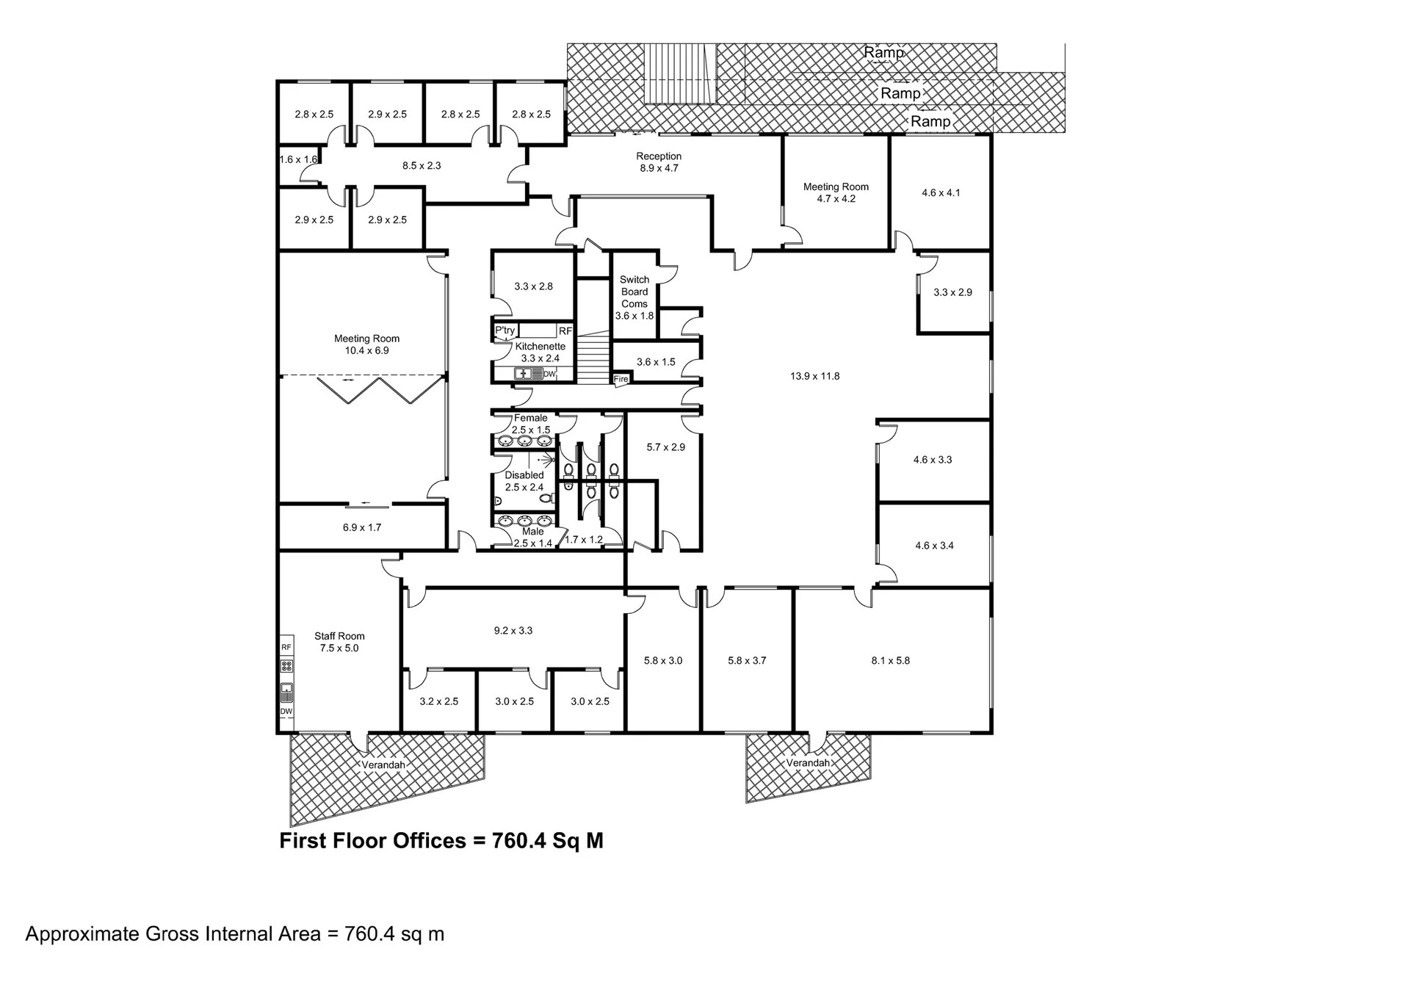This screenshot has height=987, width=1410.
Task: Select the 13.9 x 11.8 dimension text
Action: (814, 376)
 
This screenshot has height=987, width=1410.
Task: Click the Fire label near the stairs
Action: (621, 379)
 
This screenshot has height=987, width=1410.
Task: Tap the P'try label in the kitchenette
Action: (505, 330)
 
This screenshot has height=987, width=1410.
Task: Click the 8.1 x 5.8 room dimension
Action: (890, 660)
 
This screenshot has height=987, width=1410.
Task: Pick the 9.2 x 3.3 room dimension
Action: (513, 630)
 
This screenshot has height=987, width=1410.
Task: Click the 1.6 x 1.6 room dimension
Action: (298, 159)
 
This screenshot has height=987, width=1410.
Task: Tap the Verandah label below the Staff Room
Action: (383, 764)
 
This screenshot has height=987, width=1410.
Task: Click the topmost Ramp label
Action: (883, 53)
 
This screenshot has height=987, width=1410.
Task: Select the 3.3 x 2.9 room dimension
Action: (952, 292)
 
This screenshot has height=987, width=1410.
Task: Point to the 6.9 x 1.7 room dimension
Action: (362, 527)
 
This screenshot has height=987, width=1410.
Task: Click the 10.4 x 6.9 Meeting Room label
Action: (366, 344)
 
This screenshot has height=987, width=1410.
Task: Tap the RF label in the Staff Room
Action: (286, 647)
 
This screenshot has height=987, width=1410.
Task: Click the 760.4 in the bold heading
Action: (519, 841)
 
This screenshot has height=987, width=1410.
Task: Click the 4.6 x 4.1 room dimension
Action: (941, 193)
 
